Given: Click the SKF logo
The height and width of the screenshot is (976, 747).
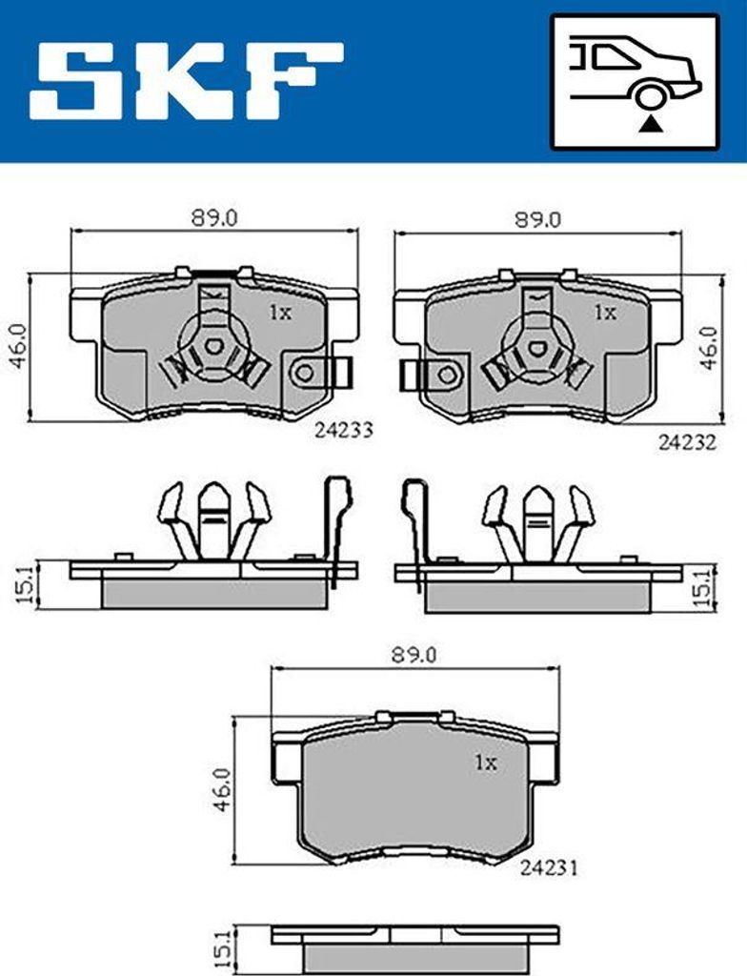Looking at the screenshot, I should (x=186, y=80).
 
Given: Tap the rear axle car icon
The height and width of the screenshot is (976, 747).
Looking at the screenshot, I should (x=635, y=81).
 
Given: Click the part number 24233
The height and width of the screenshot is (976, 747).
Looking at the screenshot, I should (x=343, y=431).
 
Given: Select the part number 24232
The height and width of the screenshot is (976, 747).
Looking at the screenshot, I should (x=686, y=442).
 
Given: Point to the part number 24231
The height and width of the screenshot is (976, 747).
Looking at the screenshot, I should (x=550, y=868).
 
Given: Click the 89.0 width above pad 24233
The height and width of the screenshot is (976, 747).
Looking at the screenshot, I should (x=214, y=218).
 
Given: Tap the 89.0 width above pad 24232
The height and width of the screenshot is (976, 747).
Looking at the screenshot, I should (x=538, y=218).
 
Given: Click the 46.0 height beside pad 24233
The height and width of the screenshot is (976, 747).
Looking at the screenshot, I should (x=16, y=347).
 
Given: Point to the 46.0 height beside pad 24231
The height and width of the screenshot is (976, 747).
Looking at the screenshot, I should (x=220, y=788).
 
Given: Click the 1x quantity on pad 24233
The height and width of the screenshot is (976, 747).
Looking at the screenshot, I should (x=279, y=312).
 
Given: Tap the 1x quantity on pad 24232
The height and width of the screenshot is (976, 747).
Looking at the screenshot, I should (x=604, y=312).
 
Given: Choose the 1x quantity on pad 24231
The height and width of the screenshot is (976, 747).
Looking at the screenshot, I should (x=486, y=762).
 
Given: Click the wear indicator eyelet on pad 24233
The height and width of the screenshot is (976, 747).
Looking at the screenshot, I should (x=306, y=374).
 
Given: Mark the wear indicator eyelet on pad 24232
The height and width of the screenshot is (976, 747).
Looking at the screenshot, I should (x=445, y=375).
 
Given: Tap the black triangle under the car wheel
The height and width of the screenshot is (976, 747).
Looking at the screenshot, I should (x=649, y=122).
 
